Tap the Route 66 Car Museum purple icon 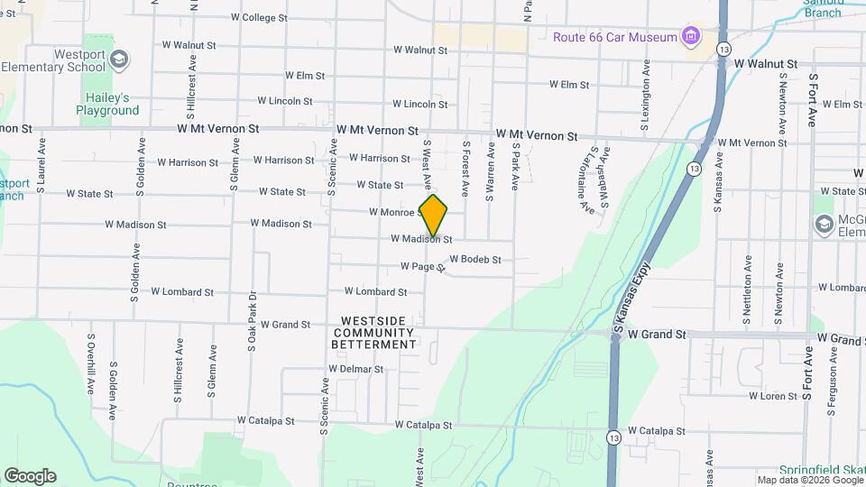691,37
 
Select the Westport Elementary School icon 118,60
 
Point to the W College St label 259,17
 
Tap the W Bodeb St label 474,259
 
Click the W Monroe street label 391,212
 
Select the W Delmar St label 356,369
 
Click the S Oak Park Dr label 252,321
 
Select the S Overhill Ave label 91,363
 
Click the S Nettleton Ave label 746,289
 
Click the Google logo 30,476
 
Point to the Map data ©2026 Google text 809,480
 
